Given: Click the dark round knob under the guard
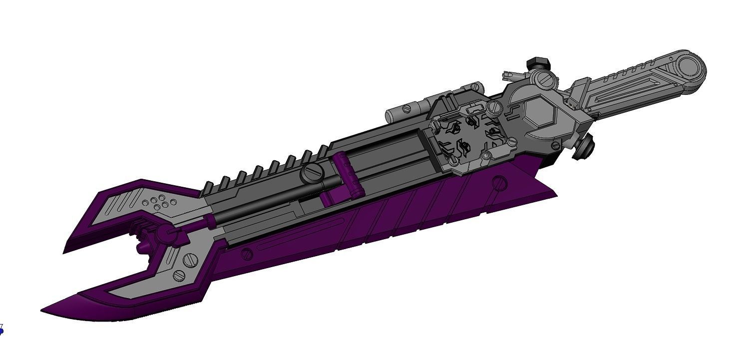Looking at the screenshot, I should (x=582, y=149).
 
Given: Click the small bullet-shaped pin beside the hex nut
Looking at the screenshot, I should (x=513, y=75).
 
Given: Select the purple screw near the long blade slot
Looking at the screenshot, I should (x=247, y=254).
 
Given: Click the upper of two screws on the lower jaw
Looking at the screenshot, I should (x=189, y=259).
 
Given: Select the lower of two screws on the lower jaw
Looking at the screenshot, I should (x=178, y=275).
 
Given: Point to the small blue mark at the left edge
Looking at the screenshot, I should (x=1, y=330).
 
